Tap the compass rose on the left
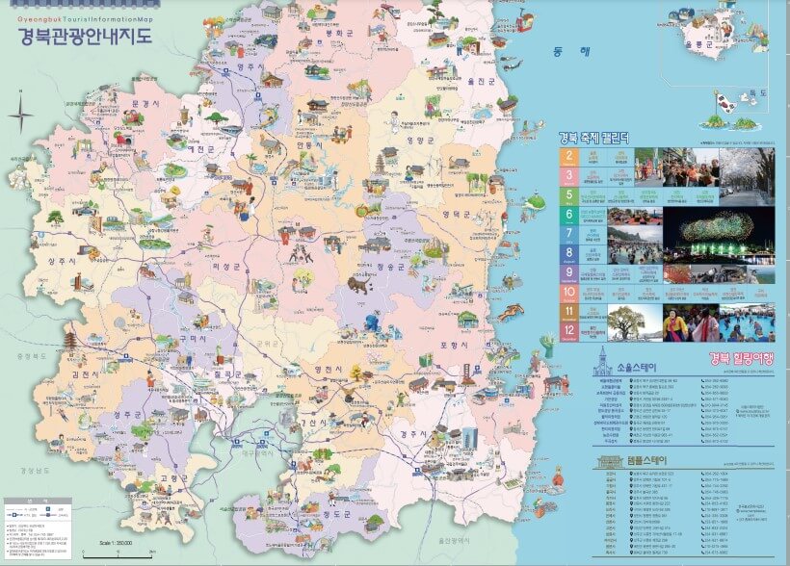20,118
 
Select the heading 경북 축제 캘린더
594,138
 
